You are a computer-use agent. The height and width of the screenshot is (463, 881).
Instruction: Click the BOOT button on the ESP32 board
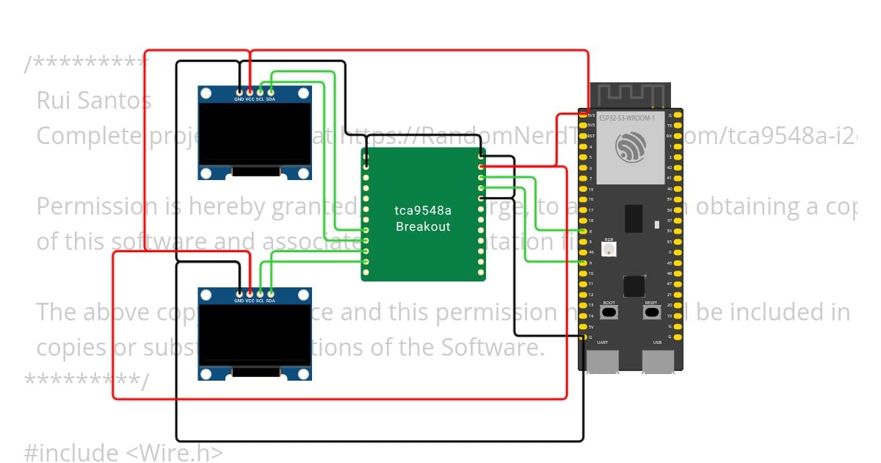pyautogui.click(x=609, y=312)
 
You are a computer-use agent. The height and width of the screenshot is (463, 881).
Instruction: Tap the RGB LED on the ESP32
pyautogui.click(x=609, y=249)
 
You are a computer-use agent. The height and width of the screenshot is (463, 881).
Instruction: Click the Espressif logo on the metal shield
pyautogui.click(x=631, y=147)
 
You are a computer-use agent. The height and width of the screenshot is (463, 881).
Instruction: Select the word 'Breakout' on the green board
pyautogui.click(x=423, y=226)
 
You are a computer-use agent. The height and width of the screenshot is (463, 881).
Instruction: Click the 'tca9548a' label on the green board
pyautogui.click(x=423, y=211)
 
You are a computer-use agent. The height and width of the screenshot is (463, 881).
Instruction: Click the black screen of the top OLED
pyautogui.click(x=255, y=133)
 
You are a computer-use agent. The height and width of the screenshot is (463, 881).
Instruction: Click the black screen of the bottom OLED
pyautogui.click(x=255, y=335)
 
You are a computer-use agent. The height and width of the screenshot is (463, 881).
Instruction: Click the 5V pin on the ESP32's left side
pyautogui.click(x=584, y=326)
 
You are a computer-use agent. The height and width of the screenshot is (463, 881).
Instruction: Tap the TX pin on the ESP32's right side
pyautogui.click(x=678, y=126)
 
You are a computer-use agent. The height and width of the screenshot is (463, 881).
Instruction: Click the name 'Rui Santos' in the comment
pyautogui.click(x=94, y=101)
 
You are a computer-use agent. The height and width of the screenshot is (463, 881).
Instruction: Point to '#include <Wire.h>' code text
pyautogui.click(x=123, y=453)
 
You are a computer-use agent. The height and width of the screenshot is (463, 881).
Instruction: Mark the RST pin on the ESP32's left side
pyautogui.click(x=584, y=136)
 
